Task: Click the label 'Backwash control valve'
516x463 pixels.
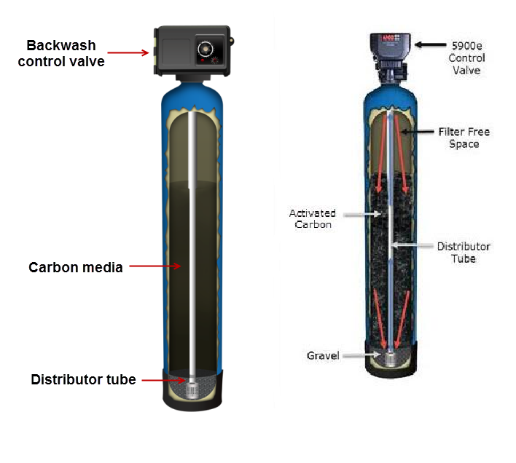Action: (x=61, y=54)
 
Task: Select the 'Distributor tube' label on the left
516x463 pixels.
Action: (x=82, y=379)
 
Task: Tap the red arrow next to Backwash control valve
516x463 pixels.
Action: (x=128, y=52)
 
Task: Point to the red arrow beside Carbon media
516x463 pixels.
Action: (x=156, y=266)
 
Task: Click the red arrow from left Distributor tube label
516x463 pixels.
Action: (x=158, y=379)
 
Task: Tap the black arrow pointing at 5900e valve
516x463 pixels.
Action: (x=429, y=45)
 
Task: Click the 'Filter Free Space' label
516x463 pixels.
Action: (x=464, y=138)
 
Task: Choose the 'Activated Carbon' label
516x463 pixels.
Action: (x=312, y=219)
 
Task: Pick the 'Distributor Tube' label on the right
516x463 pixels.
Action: (x=464, y=252)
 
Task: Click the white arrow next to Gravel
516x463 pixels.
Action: (x=360, y=356)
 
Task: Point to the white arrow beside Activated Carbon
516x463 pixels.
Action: (x=360, y=214)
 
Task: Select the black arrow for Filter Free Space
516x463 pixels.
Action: (x=418, y=132)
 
